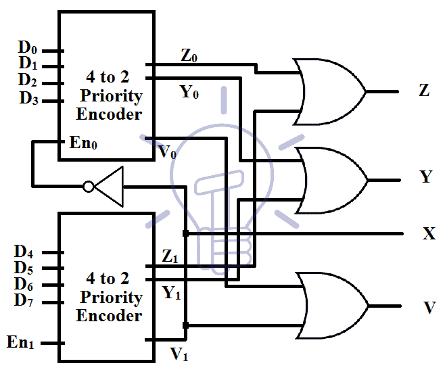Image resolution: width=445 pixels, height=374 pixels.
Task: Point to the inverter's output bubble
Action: tap(88, 186)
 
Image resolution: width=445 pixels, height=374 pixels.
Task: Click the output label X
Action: tap(429, 234)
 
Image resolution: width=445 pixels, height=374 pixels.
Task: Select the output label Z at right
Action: tap(424, 91)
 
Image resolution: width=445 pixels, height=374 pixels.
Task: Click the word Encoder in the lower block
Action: tap(109, 316)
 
